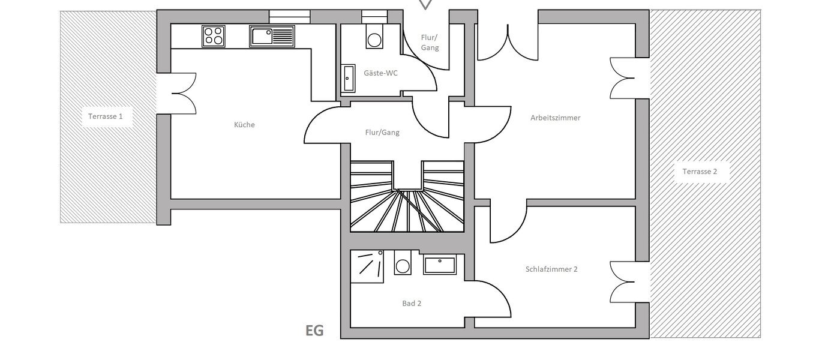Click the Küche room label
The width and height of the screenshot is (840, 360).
click(x=244, y=125)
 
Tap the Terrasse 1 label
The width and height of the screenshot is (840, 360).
click(x=107, y=116)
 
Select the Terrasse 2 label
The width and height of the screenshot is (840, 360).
click(x=700, y=172)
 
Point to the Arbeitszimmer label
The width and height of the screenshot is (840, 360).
click(x=555, y=118)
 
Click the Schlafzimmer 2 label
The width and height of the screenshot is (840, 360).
click(x=551, y=269)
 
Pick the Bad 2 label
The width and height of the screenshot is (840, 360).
click(x=412, y=304)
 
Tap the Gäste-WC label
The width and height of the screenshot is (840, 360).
click(x=380, y=73)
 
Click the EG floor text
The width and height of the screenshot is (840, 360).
click(x=314, y=331)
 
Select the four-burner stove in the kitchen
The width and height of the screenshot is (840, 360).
click(x=213, y=36)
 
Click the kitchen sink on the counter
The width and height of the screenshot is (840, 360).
click(x=272, y=36)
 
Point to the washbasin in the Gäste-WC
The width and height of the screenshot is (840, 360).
click(x=349, y=79)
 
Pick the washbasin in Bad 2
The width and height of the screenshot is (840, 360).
click(x=440, y=264)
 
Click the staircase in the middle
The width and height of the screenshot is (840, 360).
click(x=407, y=198)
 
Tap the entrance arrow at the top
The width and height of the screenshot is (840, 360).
click(x=425, y=4)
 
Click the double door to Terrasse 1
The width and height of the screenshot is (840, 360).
click(x=183, y=93)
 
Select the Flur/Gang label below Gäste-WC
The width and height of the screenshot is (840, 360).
click(x=382, y=133)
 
